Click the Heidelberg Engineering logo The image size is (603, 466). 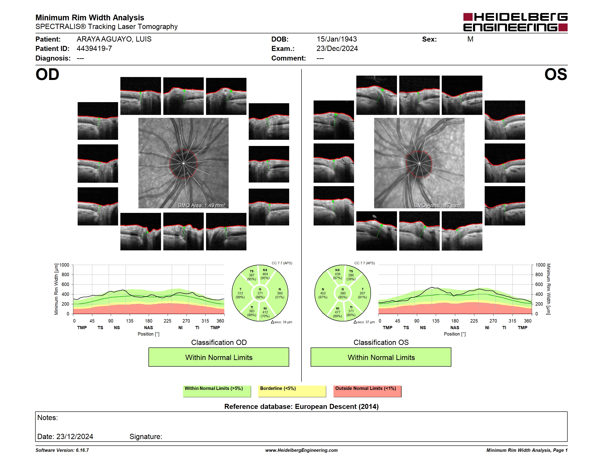tap(515, 22)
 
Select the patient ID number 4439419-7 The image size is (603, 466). tap(94, 49)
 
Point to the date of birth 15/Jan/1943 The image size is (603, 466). tap(337, 39)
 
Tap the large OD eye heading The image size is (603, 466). tap(48, 74)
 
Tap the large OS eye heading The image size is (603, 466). tap(555, 74)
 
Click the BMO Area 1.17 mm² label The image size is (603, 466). tap(438, 205)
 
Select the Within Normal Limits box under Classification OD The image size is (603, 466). tap(219, 357)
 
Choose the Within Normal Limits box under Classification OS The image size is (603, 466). tap(381, 357)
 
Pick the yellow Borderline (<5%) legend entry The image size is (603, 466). tap(292, 391)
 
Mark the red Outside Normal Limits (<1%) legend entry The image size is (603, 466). tap(367, 391)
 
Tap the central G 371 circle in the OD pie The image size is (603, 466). tap(260, 293)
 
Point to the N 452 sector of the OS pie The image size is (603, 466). tap(323, 293)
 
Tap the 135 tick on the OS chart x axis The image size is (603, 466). tap(436, 321)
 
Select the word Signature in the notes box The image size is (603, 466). tap(146, 437)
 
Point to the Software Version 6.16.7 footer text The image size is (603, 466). tap(62, 450)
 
